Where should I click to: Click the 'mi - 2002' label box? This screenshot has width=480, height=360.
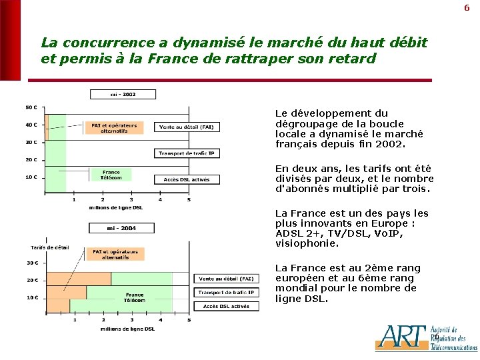pyautogui.click(x=123, y=95)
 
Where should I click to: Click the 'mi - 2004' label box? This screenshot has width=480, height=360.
pyautogui.click(x=121, y=228)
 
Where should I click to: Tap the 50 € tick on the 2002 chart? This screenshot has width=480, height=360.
pyautogui.click(x=31, y=107)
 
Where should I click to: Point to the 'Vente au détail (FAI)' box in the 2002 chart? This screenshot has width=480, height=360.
pyautogui.click(x=187, y=127)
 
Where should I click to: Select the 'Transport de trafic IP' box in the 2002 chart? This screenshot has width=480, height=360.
pyautogui.click(x=187, y=153)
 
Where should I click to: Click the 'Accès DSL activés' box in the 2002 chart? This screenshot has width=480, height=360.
pyautogui.click(x=187, y=179)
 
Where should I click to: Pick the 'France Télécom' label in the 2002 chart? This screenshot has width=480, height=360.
pyautogui.click(x=110, y=175)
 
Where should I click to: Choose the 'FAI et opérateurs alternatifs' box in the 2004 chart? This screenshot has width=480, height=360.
pyautogui.click(x=115, y=255)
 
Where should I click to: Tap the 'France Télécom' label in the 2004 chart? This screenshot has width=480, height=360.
pyautogui.click(x=133, y=297)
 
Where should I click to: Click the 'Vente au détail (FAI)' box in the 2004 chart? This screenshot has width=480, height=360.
pyautogui.click(x=227, y=279)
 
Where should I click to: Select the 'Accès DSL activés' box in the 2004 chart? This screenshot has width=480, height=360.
pyautogui.click(x=227, y=306)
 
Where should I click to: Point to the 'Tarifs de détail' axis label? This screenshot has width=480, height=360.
pyautogui.click(x=50, y=247)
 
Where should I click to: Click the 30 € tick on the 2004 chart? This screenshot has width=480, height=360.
pyautogui.click(x=31, y=263)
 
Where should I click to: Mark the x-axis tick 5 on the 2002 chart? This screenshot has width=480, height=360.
pyautogui.click(x=189, y=199)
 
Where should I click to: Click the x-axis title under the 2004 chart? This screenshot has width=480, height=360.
pyautogui.click(x=127, y=329)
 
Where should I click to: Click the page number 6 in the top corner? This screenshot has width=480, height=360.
pyautogui.click(x=467, y=8)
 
